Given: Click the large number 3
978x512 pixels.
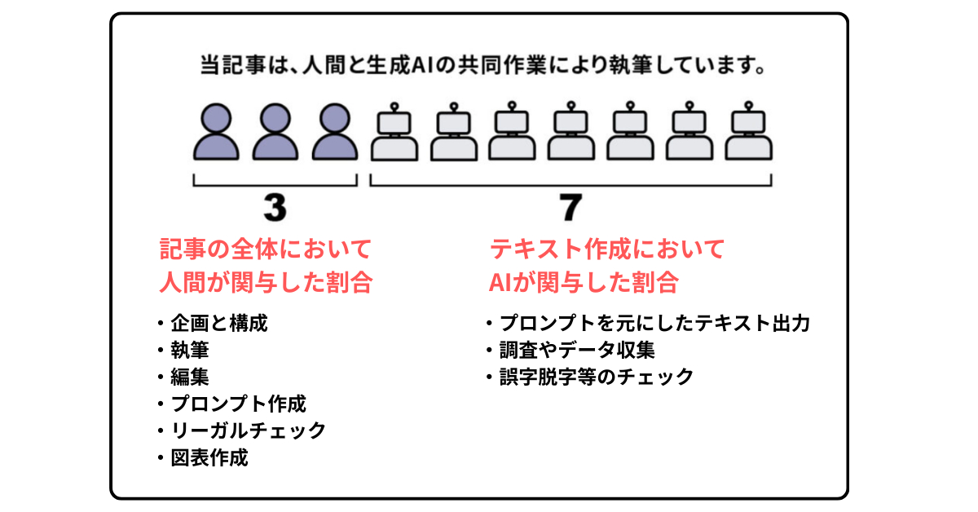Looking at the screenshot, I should (x=275, y=209).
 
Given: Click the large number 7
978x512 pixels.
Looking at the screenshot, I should (x=570, y=209).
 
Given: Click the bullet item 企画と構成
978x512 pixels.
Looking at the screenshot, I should (x=218, y=324).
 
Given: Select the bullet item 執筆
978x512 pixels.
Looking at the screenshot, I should (x=189, y=351).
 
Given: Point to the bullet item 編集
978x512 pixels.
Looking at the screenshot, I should (x=189, y=377).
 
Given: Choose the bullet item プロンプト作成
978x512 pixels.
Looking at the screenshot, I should (x=238, y=404).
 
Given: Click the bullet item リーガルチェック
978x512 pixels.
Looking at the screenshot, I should (x=248, y=430).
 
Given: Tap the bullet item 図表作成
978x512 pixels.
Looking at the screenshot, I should (x=209, y=457).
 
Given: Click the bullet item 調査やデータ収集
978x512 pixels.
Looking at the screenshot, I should (x=577, y=351).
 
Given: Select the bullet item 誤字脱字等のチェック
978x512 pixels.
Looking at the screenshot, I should (x=597, y=377).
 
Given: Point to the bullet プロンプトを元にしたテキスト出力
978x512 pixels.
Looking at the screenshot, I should (x=654, y=324).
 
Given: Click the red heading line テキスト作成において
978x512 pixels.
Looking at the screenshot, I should (x=606, y=247).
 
